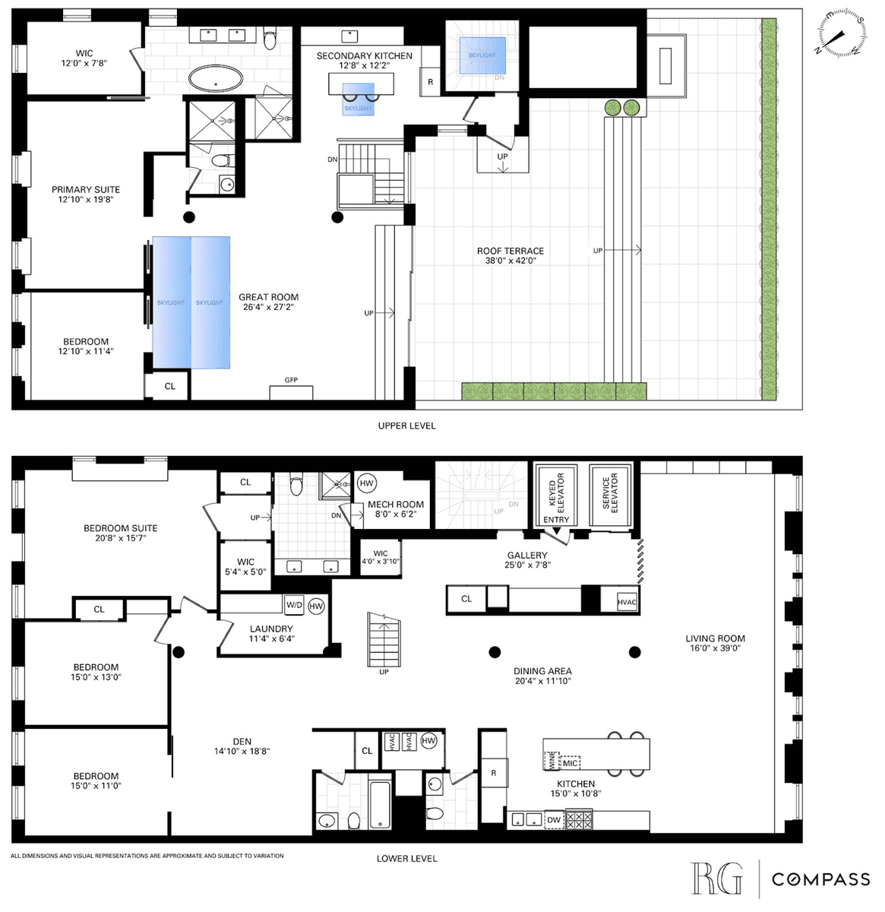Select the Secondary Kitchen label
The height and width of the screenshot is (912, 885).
point(364,55)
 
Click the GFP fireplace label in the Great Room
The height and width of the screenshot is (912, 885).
point(291,380)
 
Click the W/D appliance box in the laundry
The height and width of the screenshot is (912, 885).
point(294,605)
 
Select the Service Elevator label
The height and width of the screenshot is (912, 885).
point(610,492)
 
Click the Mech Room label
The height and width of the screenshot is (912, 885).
point(396,505)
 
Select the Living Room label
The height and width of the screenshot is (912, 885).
point(715,638)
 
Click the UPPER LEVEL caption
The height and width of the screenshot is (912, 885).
point(406,426)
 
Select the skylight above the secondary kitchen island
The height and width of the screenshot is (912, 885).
point(358,99)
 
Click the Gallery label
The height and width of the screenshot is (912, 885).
point(527,555)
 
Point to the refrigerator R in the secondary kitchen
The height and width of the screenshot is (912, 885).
point(430,81)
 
